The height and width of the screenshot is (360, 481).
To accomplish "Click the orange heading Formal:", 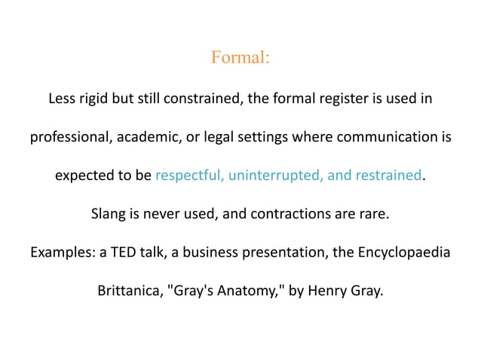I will [x=240, y=57].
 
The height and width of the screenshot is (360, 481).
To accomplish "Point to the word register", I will [x=354, y=99].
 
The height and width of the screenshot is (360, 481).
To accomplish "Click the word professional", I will [x=66, y=138].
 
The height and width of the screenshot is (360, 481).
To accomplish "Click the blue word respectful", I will [x=188, y=176].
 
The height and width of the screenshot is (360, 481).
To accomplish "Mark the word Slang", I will [x=109, y=215].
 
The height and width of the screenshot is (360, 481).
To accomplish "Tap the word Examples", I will [x=63, y=253].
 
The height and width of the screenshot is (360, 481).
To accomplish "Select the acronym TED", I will [x=124, y=253].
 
